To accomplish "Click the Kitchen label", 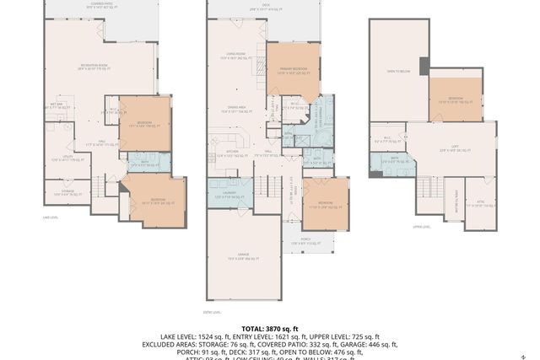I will [x=224, y=154].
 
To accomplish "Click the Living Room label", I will [x=232, y=57].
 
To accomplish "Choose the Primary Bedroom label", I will [x=292, y=73].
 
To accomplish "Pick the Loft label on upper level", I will [x=454, y=148].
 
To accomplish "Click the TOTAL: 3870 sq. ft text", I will [x=269, y=329].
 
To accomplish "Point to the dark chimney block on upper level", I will [x=424, y=65].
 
